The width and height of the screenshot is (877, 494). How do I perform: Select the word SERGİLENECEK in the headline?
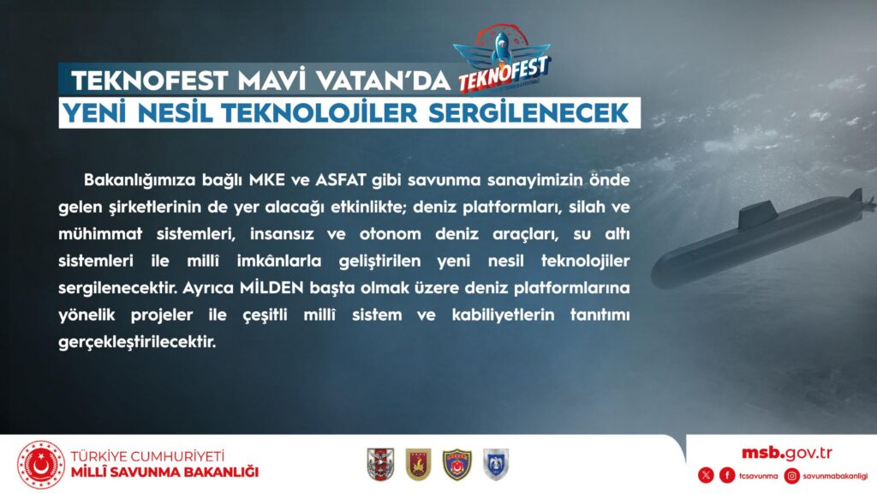click(528, 113)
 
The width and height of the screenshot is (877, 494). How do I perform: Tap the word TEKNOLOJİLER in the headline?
click(319, 113)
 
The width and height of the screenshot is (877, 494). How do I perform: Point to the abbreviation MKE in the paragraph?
click(267, 180)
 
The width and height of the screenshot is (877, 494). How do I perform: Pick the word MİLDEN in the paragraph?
click(271, 288)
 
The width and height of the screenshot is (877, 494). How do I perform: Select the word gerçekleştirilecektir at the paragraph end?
click(137, 342)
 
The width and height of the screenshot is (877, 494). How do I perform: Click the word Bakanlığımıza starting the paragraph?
click(140, 181)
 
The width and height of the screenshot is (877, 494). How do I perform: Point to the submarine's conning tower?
click(760, 215)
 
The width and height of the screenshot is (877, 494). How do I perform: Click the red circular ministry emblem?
click(41, 465)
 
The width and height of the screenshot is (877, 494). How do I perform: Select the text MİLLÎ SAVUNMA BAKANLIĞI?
click(164, 473)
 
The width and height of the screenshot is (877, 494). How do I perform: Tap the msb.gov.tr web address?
click(786, 453)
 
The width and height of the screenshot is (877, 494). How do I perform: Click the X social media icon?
click(706, 475)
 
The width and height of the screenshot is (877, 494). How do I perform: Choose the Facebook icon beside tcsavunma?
click(727, 475)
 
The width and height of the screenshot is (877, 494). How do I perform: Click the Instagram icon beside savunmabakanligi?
click(792, 475)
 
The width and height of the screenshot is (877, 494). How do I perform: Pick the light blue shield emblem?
click(496, 464)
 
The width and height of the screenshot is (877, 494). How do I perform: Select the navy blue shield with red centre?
click(457, 464)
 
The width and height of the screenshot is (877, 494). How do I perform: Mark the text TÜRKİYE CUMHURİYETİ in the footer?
click(147, 456)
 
